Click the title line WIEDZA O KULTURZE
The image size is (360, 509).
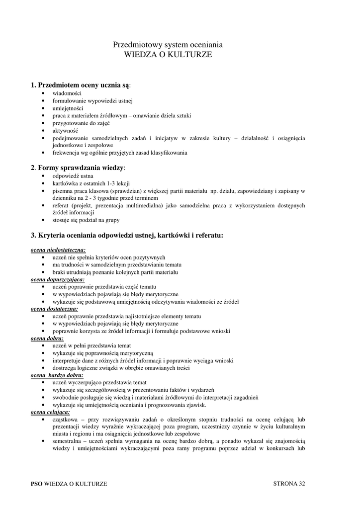tap(168, 55)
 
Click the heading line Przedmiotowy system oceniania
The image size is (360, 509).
tap(168, 45)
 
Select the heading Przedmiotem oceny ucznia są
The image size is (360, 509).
tap(84, 85)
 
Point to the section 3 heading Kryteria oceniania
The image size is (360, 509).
tap(127, 235)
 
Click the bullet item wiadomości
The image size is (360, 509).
tap(67, 93)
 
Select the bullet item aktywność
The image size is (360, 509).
tap(65, 130)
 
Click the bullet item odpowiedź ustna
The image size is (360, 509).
tap(73, 176)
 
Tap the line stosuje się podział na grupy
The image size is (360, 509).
tap(86, 220)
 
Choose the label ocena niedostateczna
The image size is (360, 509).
tap(58, 250)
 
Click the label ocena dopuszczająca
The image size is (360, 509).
tap(58, 279)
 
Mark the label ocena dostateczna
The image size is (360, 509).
tap(54, 309)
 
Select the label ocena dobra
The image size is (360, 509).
tap(47, 338)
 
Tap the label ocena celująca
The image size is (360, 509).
tap(50, 412)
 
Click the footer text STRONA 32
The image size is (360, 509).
tap(289, 483)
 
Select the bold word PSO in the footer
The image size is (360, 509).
tap(36, 484)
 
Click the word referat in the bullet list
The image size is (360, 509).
tap(62, 205)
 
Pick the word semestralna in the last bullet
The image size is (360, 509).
tap(67, 441)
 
